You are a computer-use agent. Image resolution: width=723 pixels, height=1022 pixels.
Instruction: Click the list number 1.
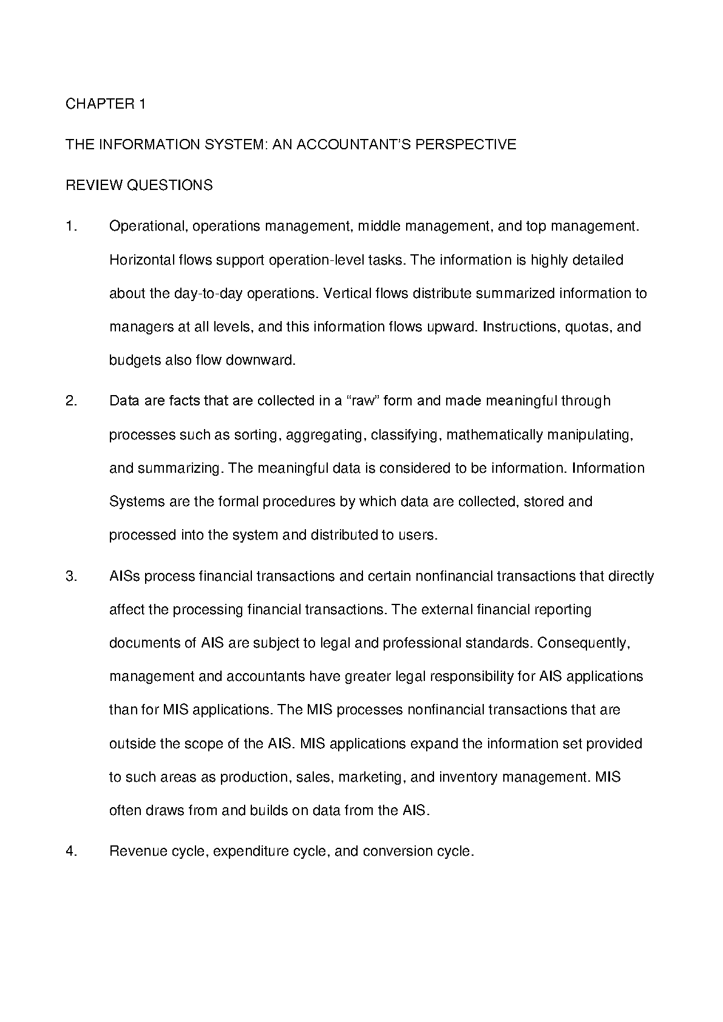71,226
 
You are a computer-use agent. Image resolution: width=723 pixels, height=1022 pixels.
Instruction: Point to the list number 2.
71,401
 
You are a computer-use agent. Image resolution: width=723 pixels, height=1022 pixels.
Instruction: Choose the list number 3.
71,576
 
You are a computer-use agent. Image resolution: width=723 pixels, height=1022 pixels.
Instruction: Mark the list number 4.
71,851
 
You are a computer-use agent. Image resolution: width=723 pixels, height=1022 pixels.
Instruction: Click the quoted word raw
362,401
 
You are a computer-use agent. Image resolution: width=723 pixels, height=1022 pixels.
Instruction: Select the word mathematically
495,435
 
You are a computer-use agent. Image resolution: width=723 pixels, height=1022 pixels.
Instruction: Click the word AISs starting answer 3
124,576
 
